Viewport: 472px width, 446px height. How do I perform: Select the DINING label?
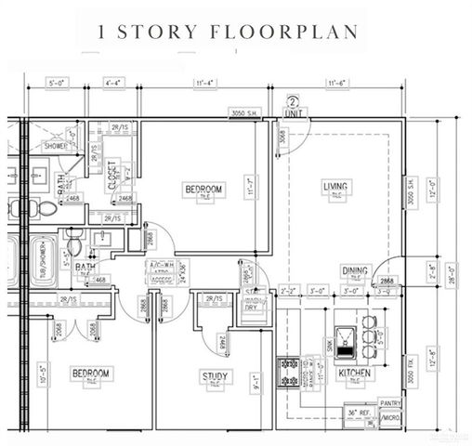[354, 270]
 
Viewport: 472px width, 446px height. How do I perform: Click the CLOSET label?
[112, 175]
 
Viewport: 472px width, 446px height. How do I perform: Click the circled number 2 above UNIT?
[293, 102]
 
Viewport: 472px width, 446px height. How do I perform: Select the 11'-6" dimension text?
[335, 84]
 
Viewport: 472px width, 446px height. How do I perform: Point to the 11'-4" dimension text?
[205, 84]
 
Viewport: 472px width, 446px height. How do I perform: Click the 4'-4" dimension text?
[116, 84]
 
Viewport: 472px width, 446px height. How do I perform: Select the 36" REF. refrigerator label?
[359, 411]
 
